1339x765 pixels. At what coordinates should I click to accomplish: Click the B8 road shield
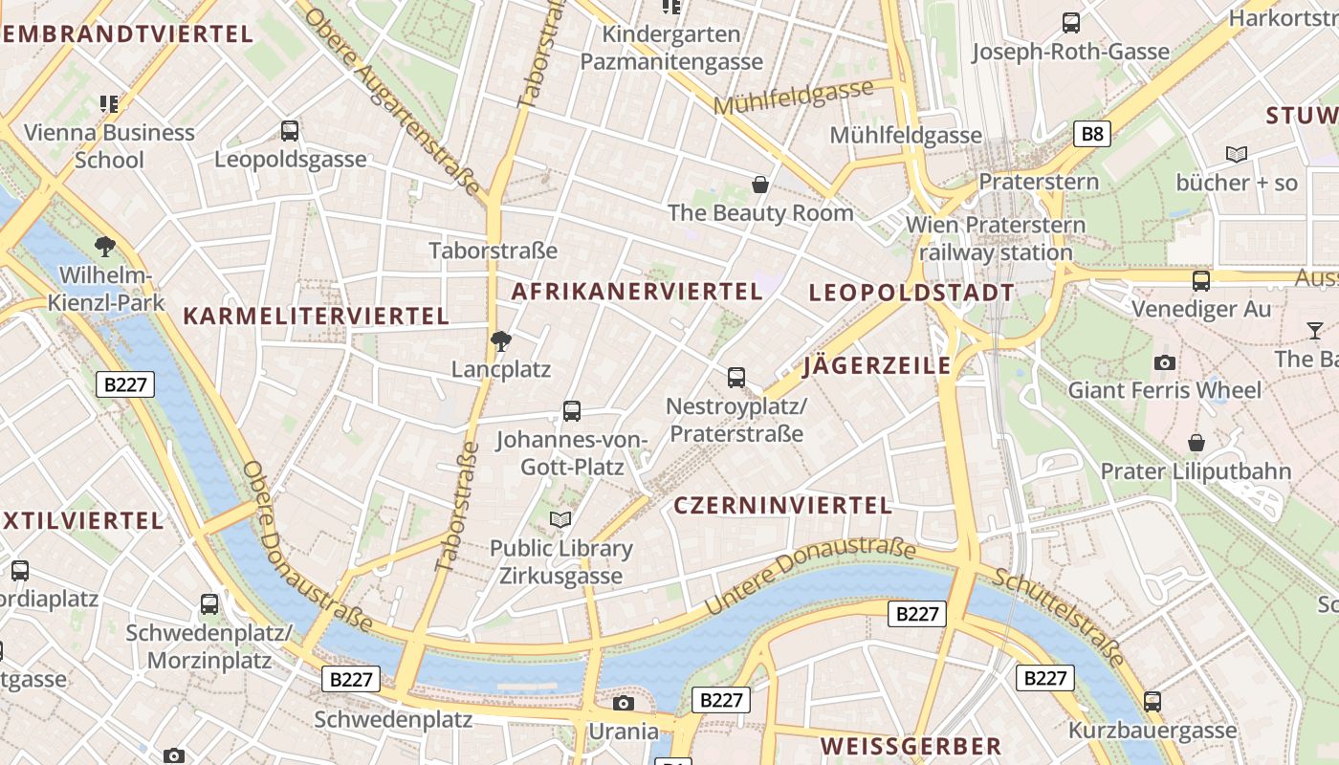[1091, 134]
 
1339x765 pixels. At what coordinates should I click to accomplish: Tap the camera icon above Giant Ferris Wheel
[1165, 362]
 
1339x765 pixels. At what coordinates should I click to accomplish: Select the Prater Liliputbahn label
[1196, 471]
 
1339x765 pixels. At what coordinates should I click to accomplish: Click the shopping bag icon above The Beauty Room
[760, 185]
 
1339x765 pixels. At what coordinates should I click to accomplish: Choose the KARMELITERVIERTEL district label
[316, 316]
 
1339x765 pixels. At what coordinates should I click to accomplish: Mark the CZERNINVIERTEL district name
[783, 506]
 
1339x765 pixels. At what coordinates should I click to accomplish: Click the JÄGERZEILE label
[877, 365]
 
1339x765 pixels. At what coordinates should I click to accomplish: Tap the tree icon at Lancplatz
[500, 341]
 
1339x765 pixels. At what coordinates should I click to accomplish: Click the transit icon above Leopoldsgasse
[290, 131]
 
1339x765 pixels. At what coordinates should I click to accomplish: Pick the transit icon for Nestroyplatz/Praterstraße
[736, 378]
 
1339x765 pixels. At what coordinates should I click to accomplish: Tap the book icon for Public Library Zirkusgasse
[560, 520]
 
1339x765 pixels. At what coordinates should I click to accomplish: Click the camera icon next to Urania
[624, 704]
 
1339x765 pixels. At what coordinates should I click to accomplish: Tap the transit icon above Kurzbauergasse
[1152, 702]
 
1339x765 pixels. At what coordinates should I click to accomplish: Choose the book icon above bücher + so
[1237, 154]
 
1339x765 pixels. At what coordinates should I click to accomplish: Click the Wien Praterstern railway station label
[996, 239]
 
